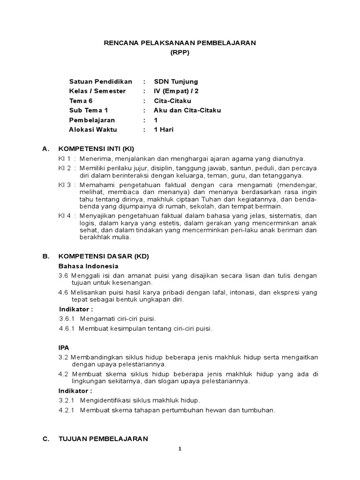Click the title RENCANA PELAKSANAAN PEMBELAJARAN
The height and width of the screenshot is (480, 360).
coord(180,43)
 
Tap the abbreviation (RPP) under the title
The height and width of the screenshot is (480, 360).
coord(180,53)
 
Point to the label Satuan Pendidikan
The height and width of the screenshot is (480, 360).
coord(101,82)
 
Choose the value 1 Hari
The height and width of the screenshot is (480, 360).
coord(164,129)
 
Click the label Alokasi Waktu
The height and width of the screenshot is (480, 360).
coord(93,129)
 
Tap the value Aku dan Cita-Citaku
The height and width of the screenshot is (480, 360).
coord(187,110)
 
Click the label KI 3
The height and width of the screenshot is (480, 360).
coord(64,185)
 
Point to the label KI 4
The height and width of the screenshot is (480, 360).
coord(64,216)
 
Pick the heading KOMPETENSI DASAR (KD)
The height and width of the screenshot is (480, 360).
coord(103,257)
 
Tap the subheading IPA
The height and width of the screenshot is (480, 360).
coord(63,348)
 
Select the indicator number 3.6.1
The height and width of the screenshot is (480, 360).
coord(68,319)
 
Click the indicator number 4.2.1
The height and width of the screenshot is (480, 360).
coord(67,410)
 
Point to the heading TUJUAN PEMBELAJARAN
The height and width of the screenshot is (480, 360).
coord(103,439)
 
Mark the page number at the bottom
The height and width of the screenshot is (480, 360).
coord(180,449)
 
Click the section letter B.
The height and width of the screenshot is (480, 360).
coord(45,257)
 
